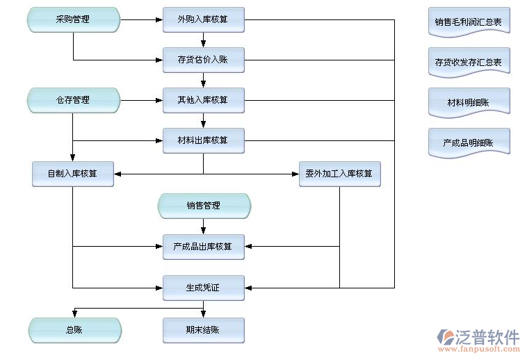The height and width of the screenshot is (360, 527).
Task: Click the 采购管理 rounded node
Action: pyautogui.click(x=73, y=19)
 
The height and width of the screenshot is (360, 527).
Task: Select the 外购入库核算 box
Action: pyautogui.click(x=203, y=19)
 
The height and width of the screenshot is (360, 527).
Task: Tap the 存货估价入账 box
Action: pyautogui.click(x=203, y=60)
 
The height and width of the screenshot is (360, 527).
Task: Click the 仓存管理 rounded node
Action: pyautogui.click(x=73, y=100)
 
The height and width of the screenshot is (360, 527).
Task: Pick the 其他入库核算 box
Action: pyautogui.click(x=203, y=100)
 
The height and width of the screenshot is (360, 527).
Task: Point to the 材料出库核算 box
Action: pyautogui.click(x=203, y=140)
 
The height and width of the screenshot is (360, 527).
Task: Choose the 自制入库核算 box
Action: pyautogui.click(x=72, y=174)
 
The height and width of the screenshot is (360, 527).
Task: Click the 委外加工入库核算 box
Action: pyautogui.click(x=339, y=174)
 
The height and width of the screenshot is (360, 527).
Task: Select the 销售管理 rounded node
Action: pyautogui.click(x=204, y=206)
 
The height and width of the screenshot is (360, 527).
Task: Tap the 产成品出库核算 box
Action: pyautogui.click(x=203, y=246)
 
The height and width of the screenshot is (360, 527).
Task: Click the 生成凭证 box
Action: pyautogui.click(x=203, y=287)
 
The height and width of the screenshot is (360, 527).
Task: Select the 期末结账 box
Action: pyautogui.click(x=203, y=330)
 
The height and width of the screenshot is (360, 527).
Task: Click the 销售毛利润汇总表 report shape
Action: pyautogui.click(x=469, y=22)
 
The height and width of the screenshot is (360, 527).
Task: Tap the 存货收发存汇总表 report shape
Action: pyautogui.click(x=469, y=62)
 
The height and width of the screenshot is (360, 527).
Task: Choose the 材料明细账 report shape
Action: pyautogui.click(x=469, y=102)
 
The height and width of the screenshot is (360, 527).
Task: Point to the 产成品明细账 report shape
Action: pyautogui.click(x=469, y=142)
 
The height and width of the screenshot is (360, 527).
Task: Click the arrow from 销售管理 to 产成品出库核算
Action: pyautogui.click(x=204, y=227)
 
